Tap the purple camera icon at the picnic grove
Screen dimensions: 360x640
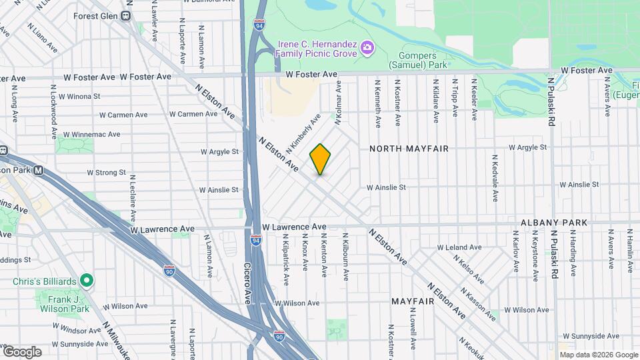coord(366,47)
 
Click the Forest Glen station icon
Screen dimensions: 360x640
coord(126,16)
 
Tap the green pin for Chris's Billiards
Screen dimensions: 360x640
coord(86,281)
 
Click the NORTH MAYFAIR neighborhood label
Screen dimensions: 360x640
coord(409,149)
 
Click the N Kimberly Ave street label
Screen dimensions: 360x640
coord(303,131)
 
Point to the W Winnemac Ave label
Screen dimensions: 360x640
coord(89,134)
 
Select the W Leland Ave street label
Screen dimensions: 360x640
coord(459,247)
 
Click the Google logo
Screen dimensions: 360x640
coord(22,351)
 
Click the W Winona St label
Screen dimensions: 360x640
coord(79,96)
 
